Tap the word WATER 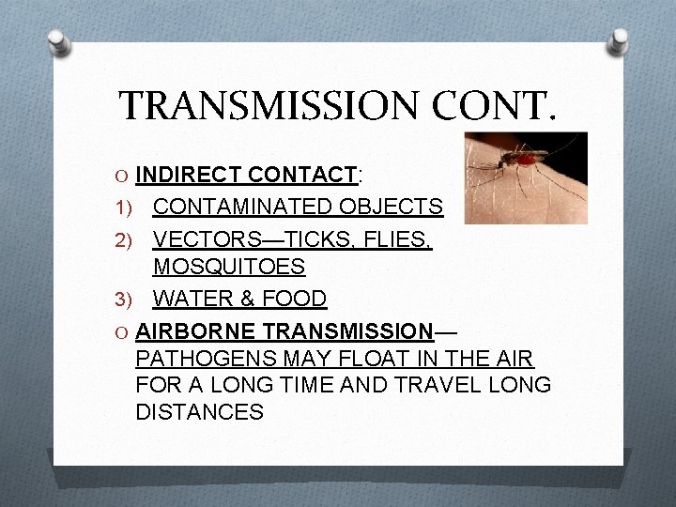188,299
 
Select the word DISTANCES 199,411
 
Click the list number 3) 130,300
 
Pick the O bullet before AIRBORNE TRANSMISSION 122,330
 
